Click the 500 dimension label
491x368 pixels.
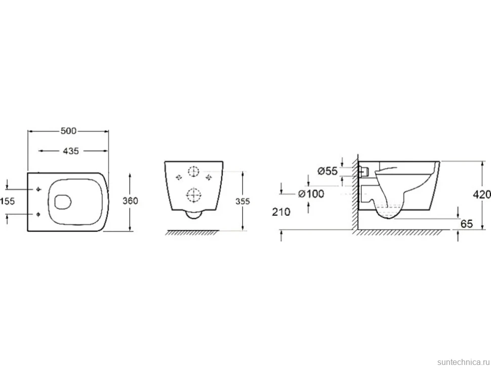tap(68, 131)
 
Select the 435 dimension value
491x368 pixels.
tap(71, 151)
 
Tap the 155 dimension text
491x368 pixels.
tap(8, 201)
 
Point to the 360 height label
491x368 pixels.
tap(130, 201)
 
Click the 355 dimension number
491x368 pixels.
tap(242, 201)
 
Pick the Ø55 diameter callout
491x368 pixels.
tap(328, 171)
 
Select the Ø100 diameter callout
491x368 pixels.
tap(311, 194)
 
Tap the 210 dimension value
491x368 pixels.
tap(281, 212)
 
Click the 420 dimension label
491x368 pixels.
tap(482, 195)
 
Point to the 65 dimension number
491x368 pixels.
tap(467, 224)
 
